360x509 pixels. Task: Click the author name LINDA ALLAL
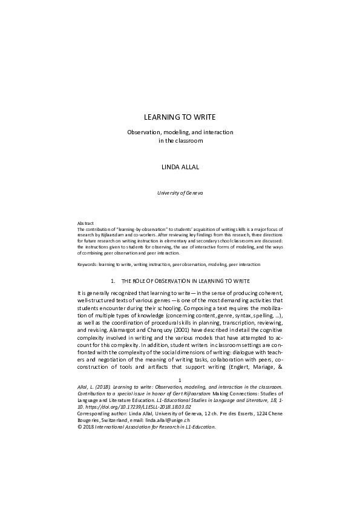click(x=179, y=166)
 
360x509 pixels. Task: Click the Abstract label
click(x=79, y=223)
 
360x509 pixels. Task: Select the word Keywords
click(x=82, y=264)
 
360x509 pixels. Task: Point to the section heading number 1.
click(x=113, y=281)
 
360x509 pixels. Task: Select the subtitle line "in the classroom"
click(x=180, y=141)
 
